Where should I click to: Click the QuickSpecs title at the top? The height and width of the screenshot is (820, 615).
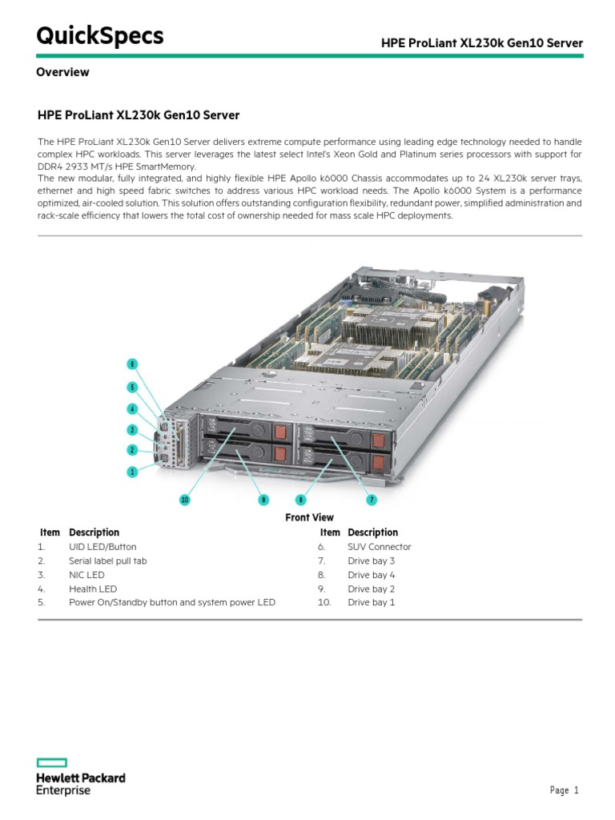click(x=99, y=36)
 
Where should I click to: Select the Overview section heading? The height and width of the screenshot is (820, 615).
click(x=62, y=72)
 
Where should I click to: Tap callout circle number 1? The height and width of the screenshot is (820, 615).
click(x=132, y=472)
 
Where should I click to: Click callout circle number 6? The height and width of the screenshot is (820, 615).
click(x=132, y=364)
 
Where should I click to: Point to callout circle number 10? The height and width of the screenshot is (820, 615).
click(x=185, y=500)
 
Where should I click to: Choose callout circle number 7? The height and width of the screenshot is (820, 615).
click(x=372, y=500)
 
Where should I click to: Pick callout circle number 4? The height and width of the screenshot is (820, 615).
click(x=132, y=408)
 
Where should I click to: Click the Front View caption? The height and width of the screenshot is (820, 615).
click(x=309, y=517)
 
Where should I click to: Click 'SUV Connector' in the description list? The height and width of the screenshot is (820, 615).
click(x=379, y=547)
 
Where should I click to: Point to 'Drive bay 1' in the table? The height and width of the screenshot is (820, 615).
click(x=371, y=602)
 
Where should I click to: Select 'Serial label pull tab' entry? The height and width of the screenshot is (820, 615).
click(x=108, y=561)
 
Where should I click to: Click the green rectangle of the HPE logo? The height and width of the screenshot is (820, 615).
click(x=52, y=763)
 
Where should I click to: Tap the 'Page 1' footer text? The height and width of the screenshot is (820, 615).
click(x=564, y=790)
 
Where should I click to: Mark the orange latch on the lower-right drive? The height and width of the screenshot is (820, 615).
click(x=379, y=462)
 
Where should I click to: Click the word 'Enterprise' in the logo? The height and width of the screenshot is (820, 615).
click(x=64, y=790)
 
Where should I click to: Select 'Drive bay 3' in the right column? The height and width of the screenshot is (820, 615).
click(x=371, y=561)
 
